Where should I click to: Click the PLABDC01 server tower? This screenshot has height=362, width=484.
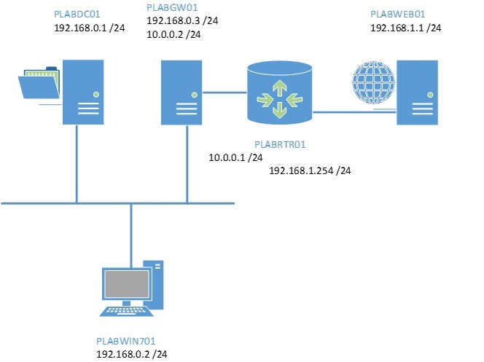[83, 93]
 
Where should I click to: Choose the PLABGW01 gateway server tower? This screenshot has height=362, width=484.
[181, 93]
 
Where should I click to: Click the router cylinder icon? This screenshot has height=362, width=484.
[279, 93]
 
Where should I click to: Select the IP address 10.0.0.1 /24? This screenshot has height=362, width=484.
[235, 157]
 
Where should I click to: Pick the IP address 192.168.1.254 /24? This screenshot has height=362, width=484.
[310, 170]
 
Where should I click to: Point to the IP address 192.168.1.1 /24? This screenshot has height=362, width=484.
[405, 28]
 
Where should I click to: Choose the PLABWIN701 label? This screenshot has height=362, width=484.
[126, 341]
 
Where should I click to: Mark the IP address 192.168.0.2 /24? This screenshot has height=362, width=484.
[132, 353]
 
